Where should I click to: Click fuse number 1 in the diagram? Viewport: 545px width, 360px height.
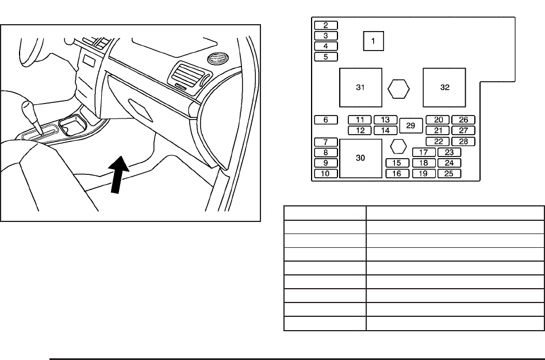pos(373,41)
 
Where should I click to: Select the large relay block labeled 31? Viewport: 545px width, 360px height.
pos(360,87)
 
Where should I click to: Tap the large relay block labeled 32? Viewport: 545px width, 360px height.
pos(444,87)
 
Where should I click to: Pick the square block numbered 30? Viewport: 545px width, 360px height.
pos(360,158)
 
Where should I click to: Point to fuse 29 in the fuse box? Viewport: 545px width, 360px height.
pos(410,125)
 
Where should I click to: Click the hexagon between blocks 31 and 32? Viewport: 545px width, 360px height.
pos(398,89)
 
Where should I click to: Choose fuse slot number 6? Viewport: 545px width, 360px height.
pos(326,120)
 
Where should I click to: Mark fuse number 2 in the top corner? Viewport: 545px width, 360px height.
pos(326,25)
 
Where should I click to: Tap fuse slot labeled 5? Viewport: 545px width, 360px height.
pos(326,57)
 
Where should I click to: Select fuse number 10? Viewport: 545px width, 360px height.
pos(326,174)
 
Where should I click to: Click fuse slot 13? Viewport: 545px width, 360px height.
pos(386,120)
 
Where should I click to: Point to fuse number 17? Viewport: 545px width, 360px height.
pos(424,152)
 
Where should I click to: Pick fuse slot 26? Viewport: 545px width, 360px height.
pos(463,120)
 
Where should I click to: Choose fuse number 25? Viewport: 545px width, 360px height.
pos(449,174)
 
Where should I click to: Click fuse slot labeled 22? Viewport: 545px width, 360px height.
pos(438,141)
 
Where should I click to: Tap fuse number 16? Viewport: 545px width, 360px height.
pos(397,174)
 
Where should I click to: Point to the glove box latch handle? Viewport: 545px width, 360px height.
pos(140,109)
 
